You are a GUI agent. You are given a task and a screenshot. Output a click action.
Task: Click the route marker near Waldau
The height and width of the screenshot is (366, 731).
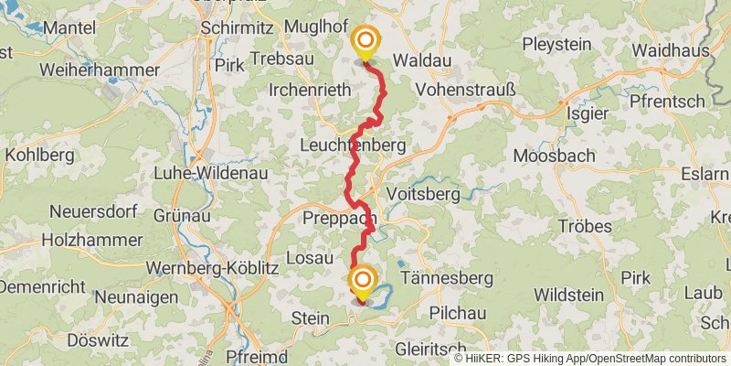[x=365, y=41]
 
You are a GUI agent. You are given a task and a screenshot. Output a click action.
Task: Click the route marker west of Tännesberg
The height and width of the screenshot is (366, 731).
[x=364, y=280]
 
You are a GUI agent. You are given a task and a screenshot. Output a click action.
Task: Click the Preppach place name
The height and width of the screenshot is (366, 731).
[x=337, y=219]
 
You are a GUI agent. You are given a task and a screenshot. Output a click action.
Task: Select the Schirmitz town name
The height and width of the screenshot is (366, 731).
[x=236, y=28]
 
